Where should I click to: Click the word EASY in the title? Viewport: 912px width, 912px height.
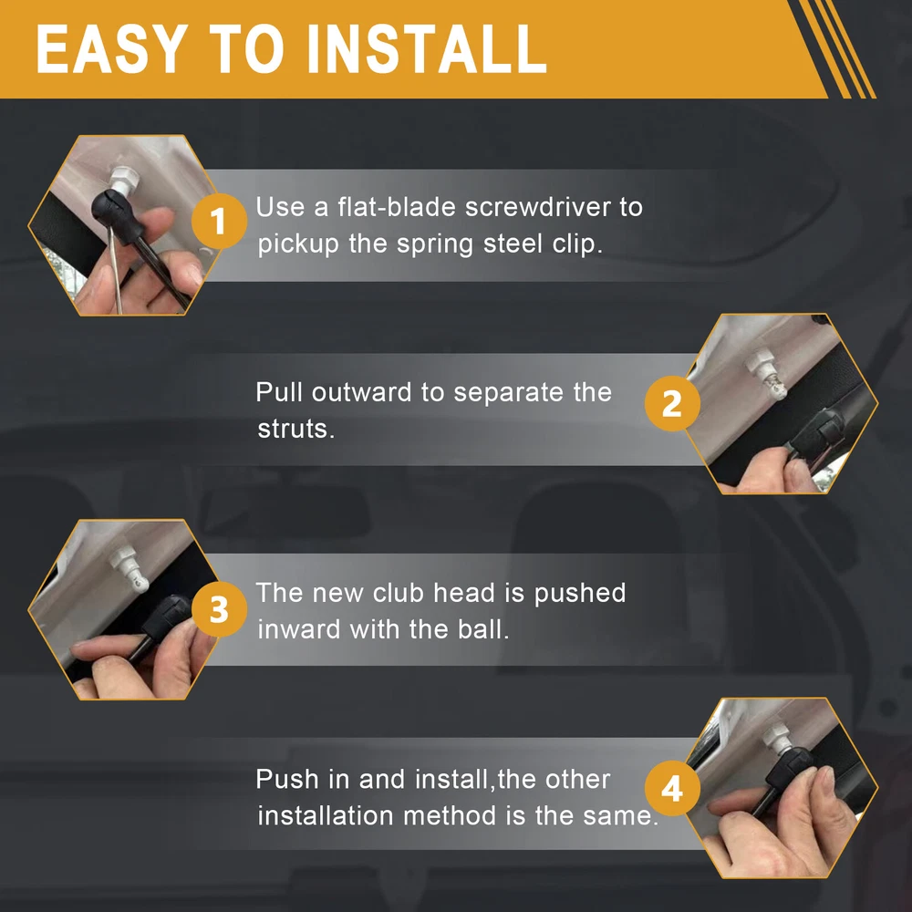point(112,49)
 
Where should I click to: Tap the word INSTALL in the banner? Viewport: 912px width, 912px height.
point(427,49)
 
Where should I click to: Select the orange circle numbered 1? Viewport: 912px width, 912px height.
point(219,222)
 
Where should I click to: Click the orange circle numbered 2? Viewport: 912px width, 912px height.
point(672,404)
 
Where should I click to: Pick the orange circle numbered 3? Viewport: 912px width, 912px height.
point(219,609)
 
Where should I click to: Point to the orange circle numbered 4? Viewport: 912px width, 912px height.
point(672,789)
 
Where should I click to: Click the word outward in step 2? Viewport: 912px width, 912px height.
point(361,392)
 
